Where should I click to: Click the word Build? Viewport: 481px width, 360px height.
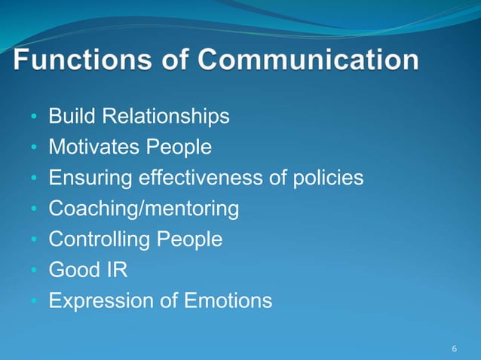click(73, 117)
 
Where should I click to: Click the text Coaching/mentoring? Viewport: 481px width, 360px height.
click(144, 209)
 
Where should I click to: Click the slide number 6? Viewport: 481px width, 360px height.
click(454, 349)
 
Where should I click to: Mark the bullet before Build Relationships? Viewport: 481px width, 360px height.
click(34, 118)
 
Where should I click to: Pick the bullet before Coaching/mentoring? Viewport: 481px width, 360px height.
click(34, 210)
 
